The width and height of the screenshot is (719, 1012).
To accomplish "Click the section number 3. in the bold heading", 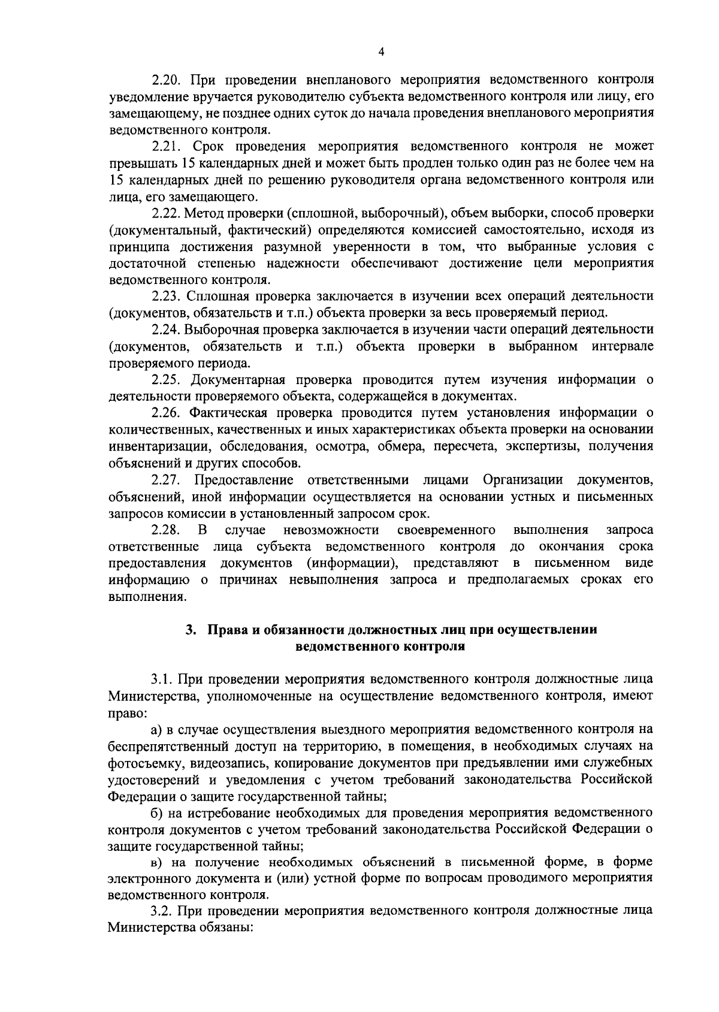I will click(x=191, y=630).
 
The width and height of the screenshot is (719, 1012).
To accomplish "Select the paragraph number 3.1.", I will click(x=161, y=680).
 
